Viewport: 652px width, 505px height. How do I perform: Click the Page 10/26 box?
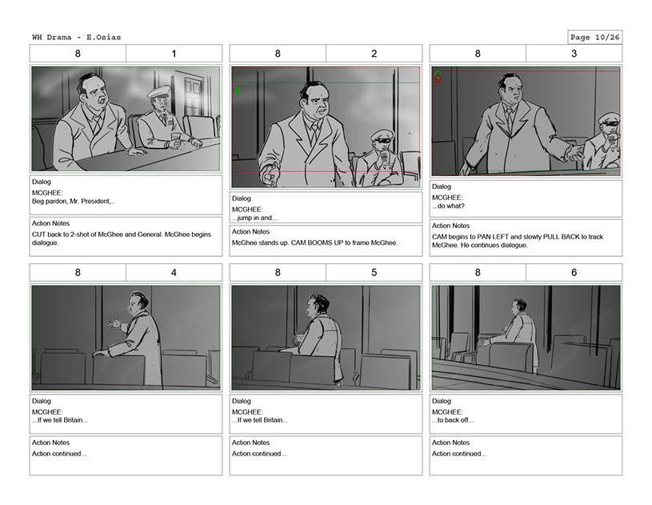coord(594,37)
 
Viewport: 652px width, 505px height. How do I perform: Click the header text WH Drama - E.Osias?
coord(77,37)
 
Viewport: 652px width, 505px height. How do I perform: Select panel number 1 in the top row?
coord(174,54)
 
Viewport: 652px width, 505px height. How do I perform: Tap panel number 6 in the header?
coord(574,272)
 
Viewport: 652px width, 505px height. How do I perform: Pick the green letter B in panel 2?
coord(238,90)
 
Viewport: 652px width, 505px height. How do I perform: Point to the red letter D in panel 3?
coord(438,79)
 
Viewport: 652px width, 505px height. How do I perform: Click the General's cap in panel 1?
coord(159,91)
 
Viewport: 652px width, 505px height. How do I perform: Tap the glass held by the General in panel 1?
coord(176,138)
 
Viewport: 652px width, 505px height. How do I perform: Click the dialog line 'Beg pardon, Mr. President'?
coord(73,202)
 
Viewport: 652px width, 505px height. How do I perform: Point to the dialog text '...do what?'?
coord(448,206)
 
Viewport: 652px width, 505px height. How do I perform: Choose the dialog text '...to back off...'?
coord(453,420)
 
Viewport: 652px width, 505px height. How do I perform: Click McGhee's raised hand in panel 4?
coord(114,323)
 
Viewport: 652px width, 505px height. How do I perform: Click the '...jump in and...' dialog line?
coord(254,218)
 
